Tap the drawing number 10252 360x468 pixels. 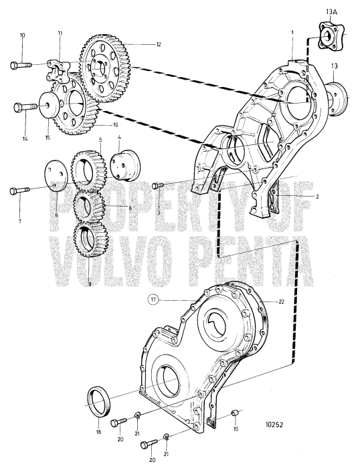(x=279, y=423)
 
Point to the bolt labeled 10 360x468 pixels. (x=20, y=65)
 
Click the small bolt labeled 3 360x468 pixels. (x=159, y=185)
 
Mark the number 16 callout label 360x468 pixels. (x=114, y=124)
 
